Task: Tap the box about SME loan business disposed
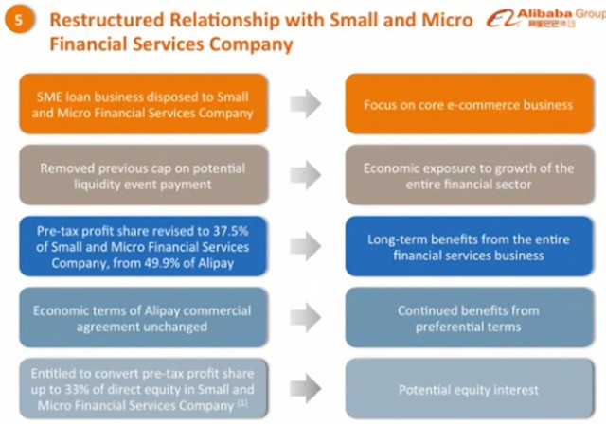tap(143, 105)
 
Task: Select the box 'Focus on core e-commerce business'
tap(468, 105)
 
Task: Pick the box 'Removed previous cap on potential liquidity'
tap(143, 177)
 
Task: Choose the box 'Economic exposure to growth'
tap(468, 177)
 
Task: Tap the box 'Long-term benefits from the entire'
tap(468, 248)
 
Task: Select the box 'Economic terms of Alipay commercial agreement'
tap(143, 319)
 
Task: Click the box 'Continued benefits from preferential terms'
tap(468, 319)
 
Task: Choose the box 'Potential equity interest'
tap(468, 389)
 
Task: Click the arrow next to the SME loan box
tap(305, 105)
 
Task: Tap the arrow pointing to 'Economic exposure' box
tap(305, 177)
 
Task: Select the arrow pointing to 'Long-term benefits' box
tap(305, 248)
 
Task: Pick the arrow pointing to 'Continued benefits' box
tap(305, 319)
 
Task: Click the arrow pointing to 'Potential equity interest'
tap(305, 389)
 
